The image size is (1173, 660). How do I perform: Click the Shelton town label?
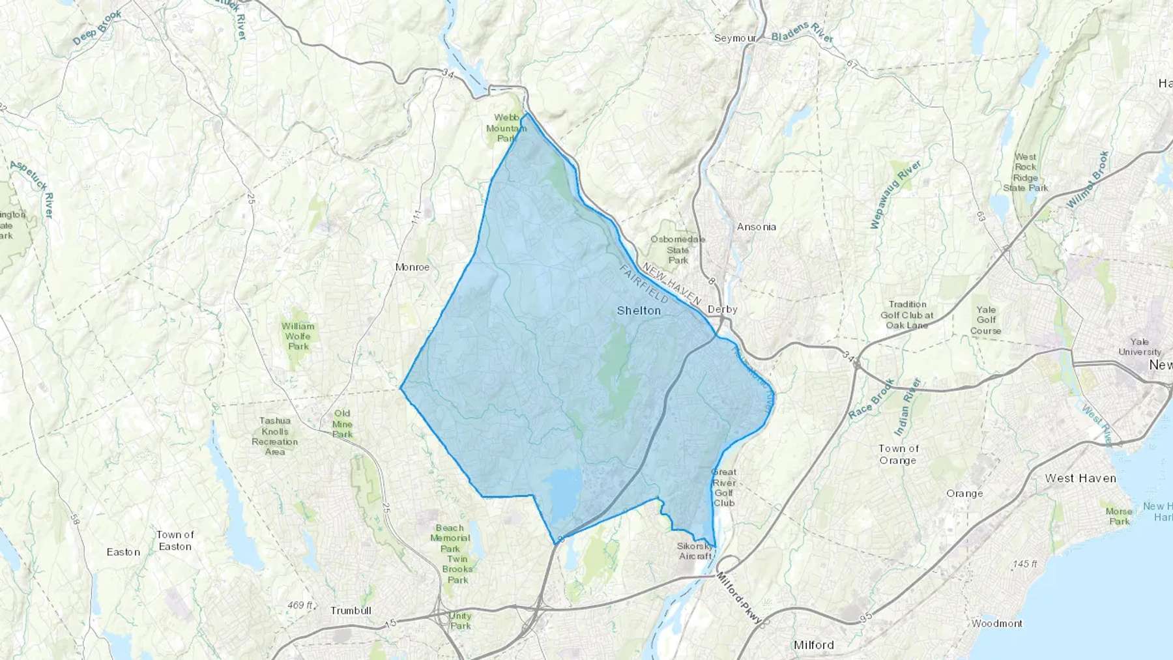click(x=639, y=311)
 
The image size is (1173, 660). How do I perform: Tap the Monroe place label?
click(x=413, y=267)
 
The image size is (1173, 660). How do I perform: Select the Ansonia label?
click(x=756, y=227)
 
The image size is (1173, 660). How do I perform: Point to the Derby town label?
click(x=722, y=309)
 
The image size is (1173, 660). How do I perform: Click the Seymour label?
click(x=735, y=38)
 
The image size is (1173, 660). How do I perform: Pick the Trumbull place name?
click(x=351, y=610)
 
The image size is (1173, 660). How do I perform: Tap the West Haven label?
click(x=1080, y=478)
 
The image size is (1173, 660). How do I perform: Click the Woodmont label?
click(x=996, y=624)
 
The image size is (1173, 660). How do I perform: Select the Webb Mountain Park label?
click(x=506, y=128)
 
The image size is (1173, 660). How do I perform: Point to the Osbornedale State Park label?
click(x=678, y=250)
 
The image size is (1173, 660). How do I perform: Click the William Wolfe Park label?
click(x=298, y=336)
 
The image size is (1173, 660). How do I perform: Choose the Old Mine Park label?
click(x=342, y=423)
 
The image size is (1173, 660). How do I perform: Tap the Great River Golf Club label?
click(x=724, y=487)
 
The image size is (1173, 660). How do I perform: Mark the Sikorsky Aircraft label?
click(x=695, y=551)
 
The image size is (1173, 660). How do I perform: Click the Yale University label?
click(x=1140, y=347)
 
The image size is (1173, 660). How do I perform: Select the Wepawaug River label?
click(x=895, y=195)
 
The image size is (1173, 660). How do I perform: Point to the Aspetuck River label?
click(x=31, y=189)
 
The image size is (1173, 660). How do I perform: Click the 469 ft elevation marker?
click(x=300, y=605)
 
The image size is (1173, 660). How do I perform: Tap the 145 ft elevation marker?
click(x=1025, y=564)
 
